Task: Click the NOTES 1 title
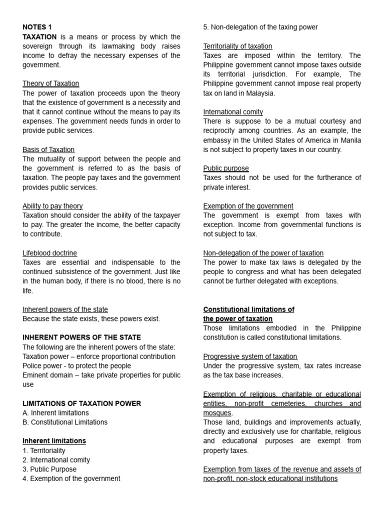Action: pos(37,27)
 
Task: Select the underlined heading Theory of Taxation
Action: pos(50,83)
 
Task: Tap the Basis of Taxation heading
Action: pos(48,149)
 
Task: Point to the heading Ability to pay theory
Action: pos(52,206)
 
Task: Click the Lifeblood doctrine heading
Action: pos(49,253)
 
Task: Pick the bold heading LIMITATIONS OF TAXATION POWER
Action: pos(82,403)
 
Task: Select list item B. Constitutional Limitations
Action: pos(65,422)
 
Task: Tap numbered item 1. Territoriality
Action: pos(44,450)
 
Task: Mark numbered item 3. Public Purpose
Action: pos(49,469)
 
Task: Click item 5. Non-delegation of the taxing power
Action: pos(260,27)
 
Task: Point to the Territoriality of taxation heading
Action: pos(237,46)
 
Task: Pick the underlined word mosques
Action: pos(217,413)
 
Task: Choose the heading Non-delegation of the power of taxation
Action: pos(263,253)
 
